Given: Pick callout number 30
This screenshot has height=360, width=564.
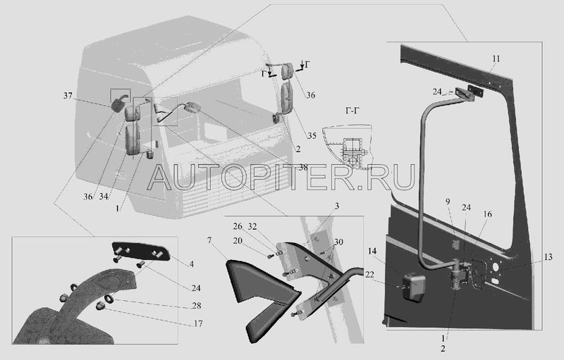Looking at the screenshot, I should coord(339,242).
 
